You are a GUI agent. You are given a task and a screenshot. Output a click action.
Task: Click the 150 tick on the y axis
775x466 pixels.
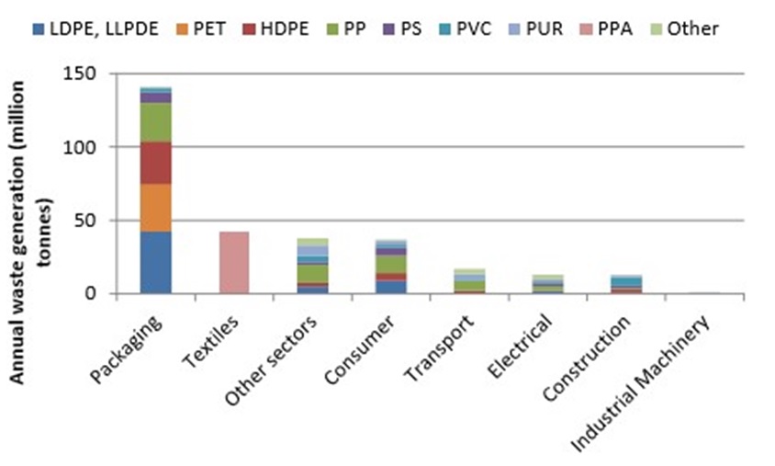[x=95, y=74]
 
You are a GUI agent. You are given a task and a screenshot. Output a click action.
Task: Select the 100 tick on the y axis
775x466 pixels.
[x=95, y=147]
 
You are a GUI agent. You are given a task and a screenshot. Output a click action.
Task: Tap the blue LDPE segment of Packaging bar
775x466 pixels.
[x=155, y=263]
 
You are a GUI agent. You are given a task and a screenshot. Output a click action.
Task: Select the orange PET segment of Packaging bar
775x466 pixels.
[x=155, y=208]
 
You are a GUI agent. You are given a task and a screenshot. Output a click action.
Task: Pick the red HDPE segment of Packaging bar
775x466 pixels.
[x=155, y=163]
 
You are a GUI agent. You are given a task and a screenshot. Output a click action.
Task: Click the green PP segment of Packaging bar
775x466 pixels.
[x=155, y=121]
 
